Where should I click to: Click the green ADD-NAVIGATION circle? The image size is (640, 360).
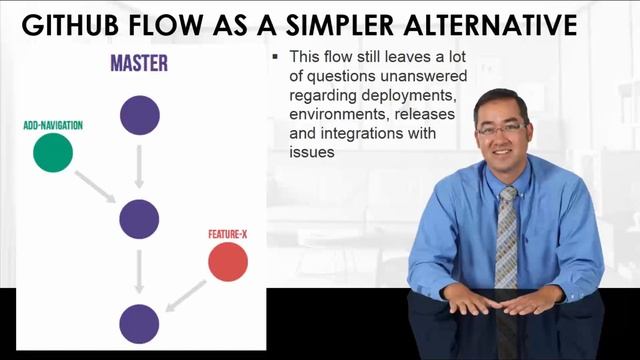[53, 152]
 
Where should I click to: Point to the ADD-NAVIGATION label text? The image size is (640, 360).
[53, 126]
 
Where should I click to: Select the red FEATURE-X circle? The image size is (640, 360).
[228, 262]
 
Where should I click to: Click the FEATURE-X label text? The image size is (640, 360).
[227, 235]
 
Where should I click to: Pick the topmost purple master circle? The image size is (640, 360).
[139, 115]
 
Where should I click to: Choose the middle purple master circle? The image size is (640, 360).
[139, 219]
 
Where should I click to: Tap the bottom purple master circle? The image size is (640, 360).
[139, 324]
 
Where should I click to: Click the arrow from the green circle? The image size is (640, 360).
[96, 185]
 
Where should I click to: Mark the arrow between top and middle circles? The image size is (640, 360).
[139, 167]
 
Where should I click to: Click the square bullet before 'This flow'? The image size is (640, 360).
[275, 58]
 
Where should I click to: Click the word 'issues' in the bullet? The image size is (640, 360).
[311, 153]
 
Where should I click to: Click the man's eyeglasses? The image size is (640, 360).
[501, 129]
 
